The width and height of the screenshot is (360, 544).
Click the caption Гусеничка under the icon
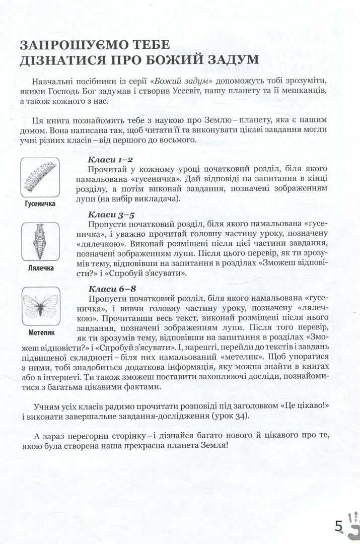click(x=39, y=204)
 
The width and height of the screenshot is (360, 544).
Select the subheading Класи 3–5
click(x=104, y=215)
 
